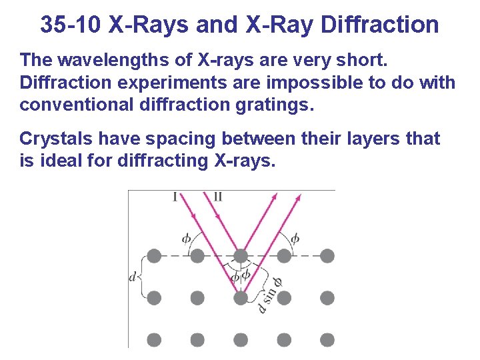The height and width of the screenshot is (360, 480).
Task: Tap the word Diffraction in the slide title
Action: [x=379, y=25]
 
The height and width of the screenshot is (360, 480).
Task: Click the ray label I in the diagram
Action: [x=175, y=196]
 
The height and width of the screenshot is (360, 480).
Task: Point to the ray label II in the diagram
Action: [x=218, y=196]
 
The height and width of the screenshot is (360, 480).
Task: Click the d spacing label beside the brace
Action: [x=133, y=276]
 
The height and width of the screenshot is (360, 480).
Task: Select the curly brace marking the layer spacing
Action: [x=142, y=275]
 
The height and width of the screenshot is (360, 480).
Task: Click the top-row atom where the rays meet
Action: [x=241, y=255]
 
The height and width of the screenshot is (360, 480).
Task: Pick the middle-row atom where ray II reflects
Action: [x=241, y=297]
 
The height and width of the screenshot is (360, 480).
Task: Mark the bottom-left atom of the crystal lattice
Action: [x=154, y=340]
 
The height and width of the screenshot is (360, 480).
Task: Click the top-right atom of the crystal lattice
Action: [x=327, y=255]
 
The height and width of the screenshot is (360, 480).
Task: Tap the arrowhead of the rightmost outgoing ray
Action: [x=299, y=197]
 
